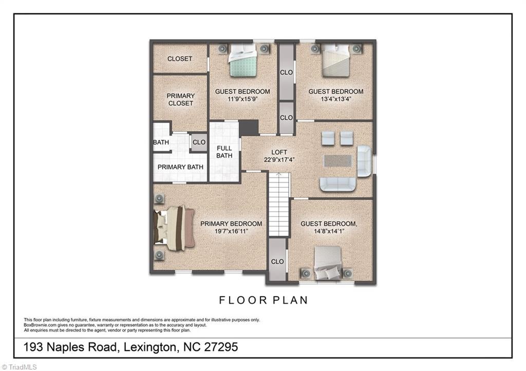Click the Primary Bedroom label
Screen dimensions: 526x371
[x=231, y=224]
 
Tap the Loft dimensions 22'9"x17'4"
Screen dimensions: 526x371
[x=279, y=160]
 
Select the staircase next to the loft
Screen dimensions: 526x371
[x=279, y=205]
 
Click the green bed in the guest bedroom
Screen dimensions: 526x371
[x=243, y=61]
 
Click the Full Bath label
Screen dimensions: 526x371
[x=224, y=152]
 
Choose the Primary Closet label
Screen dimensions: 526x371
[x=180, y=100]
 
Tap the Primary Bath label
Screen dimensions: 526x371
[x=180, y=167]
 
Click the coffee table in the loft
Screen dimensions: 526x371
[x=338, y=161]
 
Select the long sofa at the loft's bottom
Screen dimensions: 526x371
[x=338, y=184]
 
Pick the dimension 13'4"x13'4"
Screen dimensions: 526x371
[x=336, y=99]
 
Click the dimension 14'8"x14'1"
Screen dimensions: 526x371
[x=329, y=231]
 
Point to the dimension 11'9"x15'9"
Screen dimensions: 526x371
[x=242, y=99]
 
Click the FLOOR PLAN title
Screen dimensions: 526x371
[x=264, y=300]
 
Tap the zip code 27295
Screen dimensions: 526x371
[x=221, y=347]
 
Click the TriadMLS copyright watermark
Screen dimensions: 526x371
[x=19, y=367]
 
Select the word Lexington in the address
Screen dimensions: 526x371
[x=150, y=347]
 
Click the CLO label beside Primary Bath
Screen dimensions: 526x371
[x=199, y=142]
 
